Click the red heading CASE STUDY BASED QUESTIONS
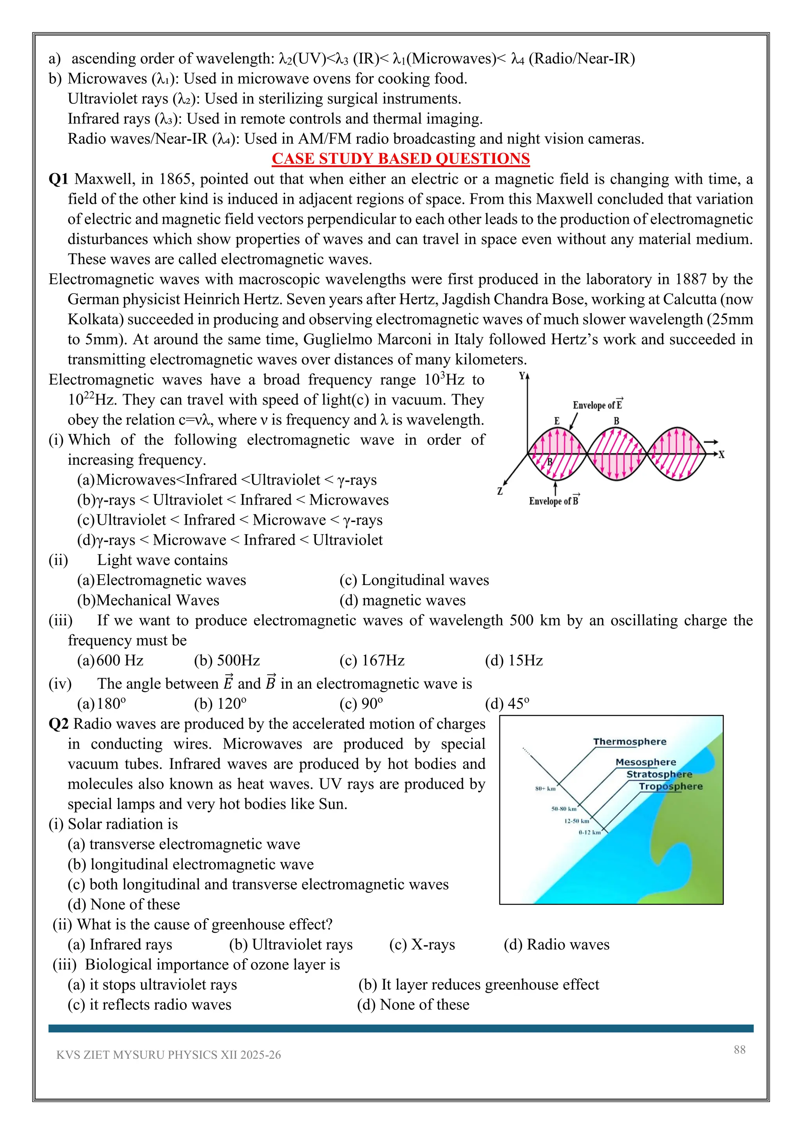coord(401,159)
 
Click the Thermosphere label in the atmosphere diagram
coord(630,742)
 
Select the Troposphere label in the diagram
coord(671,786)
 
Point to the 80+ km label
coord(545,789)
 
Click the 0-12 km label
coord(590,832)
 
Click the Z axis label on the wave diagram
coord(500,491)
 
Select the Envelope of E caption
coord(598,405)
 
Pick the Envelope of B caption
coord(554,501)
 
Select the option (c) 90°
coord(361,704)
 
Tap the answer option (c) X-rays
coord(422,945)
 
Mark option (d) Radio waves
coord(556,945)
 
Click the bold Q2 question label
coord(59,724)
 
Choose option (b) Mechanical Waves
coord(148,601)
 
